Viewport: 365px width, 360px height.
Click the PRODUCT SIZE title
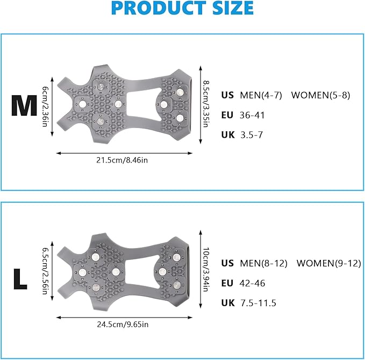[x=183, y=9]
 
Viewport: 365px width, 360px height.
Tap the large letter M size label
[x=24, y=105]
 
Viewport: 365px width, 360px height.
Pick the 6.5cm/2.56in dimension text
[x=47, y=272]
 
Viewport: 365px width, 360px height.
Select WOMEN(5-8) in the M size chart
[x=321, y=95]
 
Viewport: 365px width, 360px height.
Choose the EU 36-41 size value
[x=252, y=115]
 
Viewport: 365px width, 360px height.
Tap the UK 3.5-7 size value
[x=251, y=135]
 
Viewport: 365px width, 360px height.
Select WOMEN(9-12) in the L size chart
[x=329, y=263]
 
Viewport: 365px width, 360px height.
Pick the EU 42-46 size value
[x=252, y=283]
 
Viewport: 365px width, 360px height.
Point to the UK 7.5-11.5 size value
[x=258, y=303]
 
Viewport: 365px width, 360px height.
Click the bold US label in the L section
[x=227, y=263]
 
